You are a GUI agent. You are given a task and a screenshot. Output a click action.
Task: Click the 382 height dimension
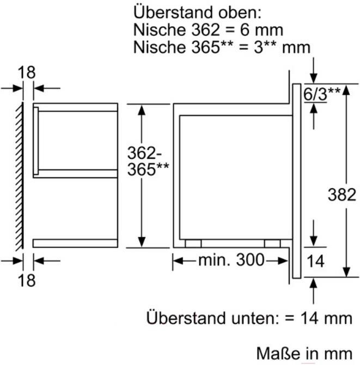click(342, 194)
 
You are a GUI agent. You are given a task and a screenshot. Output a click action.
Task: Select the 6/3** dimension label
click(321, 94)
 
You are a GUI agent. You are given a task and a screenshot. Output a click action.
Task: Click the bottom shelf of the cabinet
click(76, 243)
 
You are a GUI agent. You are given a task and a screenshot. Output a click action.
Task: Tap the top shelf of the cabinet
click(76, 106)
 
